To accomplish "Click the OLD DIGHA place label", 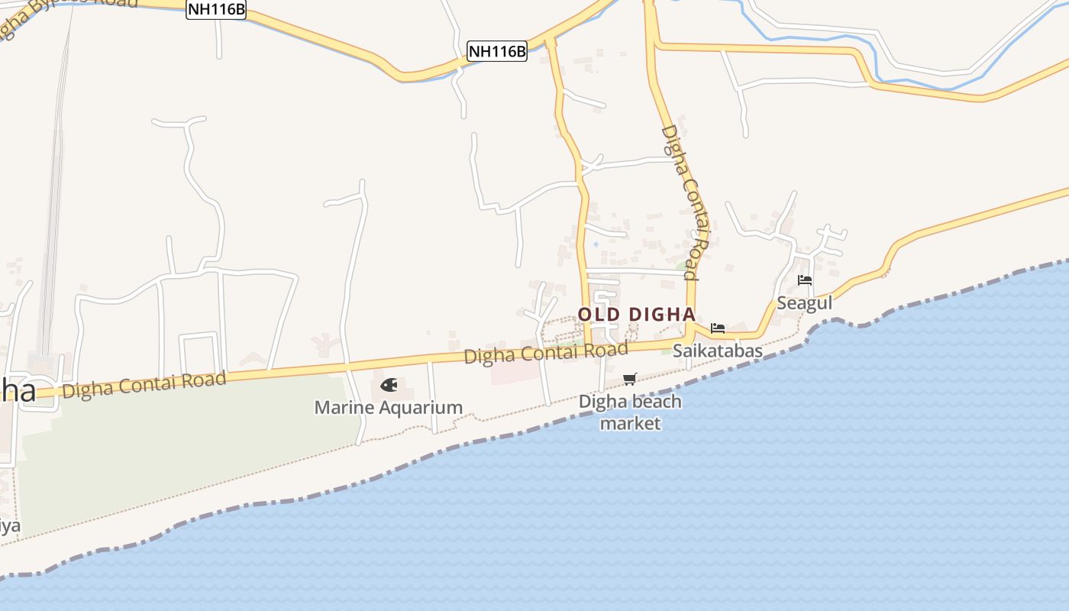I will pyautogui.click(x=636, y=314).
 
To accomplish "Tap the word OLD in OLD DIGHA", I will pyautogui.click(x=599, y=314).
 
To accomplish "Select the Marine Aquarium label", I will pyautogui.click(x=388, y=407).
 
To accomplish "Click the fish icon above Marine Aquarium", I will pyautogui.click(x=389, y=385).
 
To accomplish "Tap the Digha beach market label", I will pyautogui.click(x=630, y=412).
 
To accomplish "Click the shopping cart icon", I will pyautogui.click(x=630, y=379).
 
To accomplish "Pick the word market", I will pyautogui.click(x=630, y=422).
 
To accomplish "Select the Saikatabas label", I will pyautogui.click(x=717, y=351).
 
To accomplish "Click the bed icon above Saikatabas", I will pyautogui.click(x=717, y=328).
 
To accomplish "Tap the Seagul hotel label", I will pyautogui.click(x=804, y=302).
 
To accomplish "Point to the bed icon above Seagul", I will pyautogui.click(x=804, y=280).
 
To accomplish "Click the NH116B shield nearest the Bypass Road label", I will pyautogui.click(x=216, y=9).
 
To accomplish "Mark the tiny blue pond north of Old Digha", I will pyautogui.click(x=596, y=244).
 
